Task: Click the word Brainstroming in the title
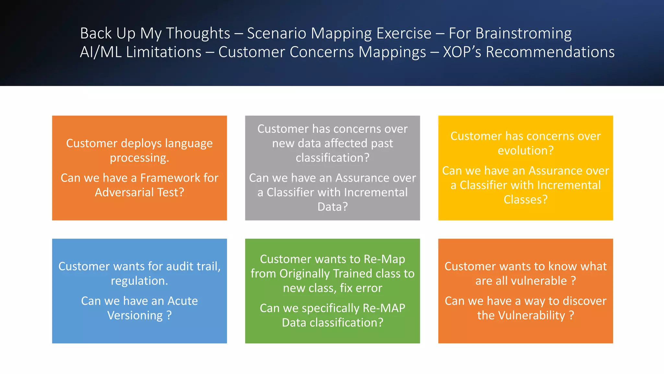coord(523,33)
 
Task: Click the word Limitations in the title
coord(164,52)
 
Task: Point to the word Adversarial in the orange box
coord(124,192)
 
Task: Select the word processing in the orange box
coord(139,158)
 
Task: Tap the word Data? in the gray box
coord(332,207)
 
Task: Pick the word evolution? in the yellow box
coord(526,151)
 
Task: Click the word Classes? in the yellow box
coord(526,199)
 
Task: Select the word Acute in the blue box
coord(183,301)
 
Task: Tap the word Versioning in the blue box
coord(135,316)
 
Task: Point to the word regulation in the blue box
coord(139,281)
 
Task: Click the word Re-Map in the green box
coord(384,259)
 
